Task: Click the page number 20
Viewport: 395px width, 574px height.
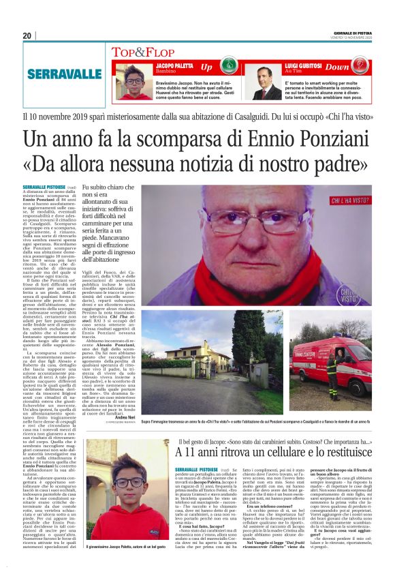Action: (x=27, y=35)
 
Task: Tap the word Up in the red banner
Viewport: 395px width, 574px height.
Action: (x=206, y=67)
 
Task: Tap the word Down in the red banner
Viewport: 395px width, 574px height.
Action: (x=356, y=67)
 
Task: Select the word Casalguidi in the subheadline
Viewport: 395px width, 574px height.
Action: (x=222, y=117)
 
